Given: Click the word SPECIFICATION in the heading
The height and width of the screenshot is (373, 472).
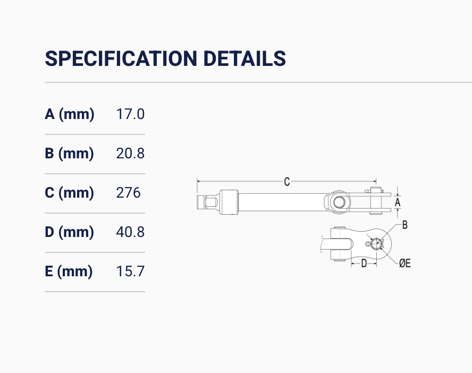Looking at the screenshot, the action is tap(121, 58).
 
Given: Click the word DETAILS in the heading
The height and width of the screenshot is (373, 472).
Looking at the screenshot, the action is tap(245, 58).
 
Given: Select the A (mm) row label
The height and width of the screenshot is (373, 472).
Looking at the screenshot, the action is tap(70, 114).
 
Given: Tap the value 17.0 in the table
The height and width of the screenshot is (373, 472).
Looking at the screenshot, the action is tap(130, 114).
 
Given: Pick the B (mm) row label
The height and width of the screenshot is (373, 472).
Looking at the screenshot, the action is tap(69, 154).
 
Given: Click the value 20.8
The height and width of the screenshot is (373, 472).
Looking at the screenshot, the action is tap(130, 154).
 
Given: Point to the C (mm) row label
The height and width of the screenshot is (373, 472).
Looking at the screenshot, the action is tap(69, 193).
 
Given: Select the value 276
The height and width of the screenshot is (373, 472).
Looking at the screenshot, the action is tap(128, 193).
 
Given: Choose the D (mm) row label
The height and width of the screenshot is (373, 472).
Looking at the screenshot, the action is tap(69, 232).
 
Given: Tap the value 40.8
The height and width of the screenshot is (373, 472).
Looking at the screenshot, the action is tap(130, 232).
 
